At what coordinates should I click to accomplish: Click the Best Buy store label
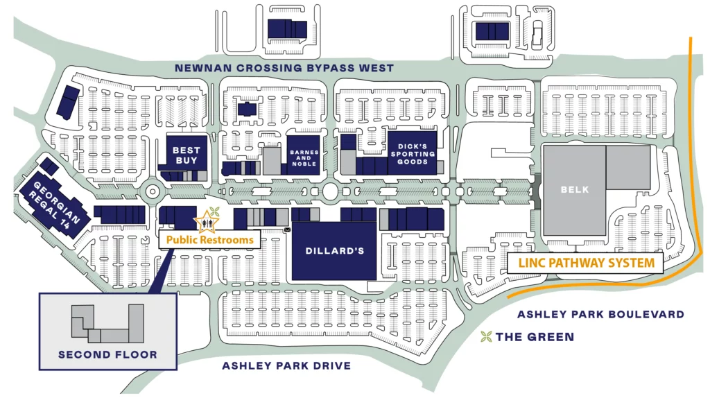coord(186,155)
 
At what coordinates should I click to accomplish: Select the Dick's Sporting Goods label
coord(412,154)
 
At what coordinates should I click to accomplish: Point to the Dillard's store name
coord(335,250)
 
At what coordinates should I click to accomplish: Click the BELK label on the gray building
coord(574,189)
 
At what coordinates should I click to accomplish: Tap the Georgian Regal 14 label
coord(54,202)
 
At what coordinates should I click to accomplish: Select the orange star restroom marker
coord(205,222)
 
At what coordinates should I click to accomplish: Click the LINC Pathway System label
coord(585,263)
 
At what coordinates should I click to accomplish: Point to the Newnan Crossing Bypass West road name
coord(284,68)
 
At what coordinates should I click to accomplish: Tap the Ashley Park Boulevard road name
coord(600,314)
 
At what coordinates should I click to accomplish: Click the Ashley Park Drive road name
coord(286,365)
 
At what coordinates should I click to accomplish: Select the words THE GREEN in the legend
coord(535,337)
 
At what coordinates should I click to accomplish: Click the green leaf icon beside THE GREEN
coord(487,337)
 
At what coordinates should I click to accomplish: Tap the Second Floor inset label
coord(107,354)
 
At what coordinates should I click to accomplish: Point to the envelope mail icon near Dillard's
coord(287,230)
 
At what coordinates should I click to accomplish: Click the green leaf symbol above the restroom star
coord(214,211)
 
